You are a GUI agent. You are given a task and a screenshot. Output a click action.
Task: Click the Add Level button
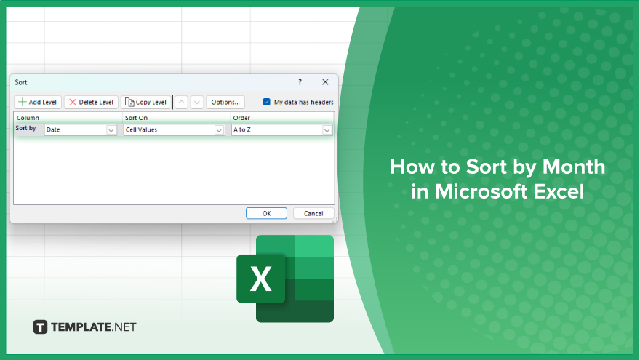pos(38,102)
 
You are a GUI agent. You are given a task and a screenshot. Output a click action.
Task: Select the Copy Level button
pos(146,102)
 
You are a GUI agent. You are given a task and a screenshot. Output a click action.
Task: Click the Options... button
pos(225,102)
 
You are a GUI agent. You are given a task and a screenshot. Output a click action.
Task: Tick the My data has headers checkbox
pos(266,102)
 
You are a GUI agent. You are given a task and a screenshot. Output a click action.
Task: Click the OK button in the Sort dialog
pos(266,214)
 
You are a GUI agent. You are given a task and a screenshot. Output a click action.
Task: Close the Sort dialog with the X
pos(325,82)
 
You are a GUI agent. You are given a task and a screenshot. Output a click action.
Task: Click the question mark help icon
pos(300,82)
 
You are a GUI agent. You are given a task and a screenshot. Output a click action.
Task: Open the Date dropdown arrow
pos(111,130)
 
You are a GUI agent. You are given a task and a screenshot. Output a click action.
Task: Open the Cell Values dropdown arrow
pos(219,130)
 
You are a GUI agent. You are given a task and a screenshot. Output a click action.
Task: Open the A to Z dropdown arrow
pos(327,130)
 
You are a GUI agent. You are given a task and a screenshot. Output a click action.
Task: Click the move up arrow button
pos(182,102)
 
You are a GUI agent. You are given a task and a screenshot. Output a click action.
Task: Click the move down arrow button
pos(197,102)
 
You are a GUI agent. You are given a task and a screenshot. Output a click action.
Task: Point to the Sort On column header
pos(136,118)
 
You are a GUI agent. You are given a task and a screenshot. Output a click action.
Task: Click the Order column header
pos(241,118)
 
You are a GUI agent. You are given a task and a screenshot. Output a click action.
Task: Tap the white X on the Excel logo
pos(261,279)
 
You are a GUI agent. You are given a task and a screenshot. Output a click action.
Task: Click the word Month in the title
pos(574,167)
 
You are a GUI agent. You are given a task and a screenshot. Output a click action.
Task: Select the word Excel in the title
pos(559,191)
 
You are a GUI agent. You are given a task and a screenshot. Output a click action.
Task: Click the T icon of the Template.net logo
pos(40,327)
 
